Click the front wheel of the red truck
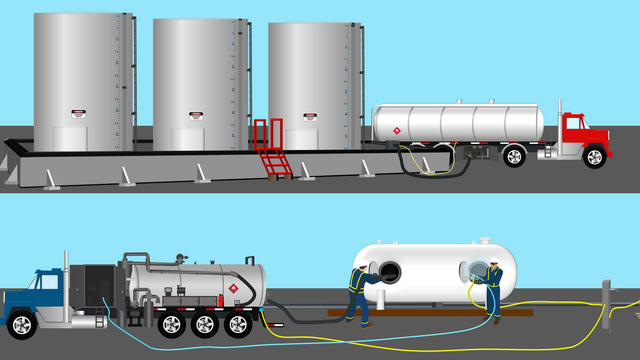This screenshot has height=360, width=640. click(594, 156)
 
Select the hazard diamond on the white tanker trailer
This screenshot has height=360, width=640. click(396, 131)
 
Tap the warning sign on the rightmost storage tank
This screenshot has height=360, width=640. click(310, 117)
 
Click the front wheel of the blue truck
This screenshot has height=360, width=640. click(21, 326)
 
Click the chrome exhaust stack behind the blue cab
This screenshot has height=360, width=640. click(66, 285)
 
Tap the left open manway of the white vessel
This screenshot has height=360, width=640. click(388, 272)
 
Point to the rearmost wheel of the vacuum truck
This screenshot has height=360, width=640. click(239, 325)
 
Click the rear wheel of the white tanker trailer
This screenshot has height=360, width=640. click(514, 156)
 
